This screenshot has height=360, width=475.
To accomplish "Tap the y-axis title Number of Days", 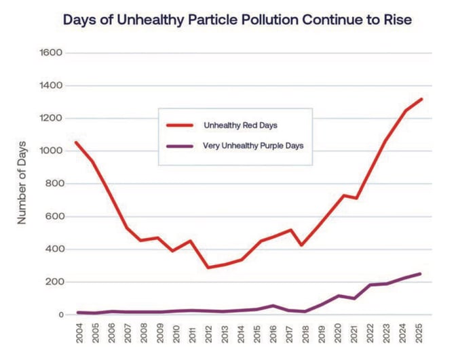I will (22, 183).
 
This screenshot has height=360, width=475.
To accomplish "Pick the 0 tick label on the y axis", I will (60, 315).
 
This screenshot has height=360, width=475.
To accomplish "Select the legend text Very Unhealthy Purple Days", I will (251, 146).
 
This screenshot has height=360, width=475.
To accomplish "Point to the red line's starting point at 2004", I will (75, 142).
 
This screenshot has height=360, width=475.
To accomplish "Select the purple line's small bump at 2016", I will (271, 306).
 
